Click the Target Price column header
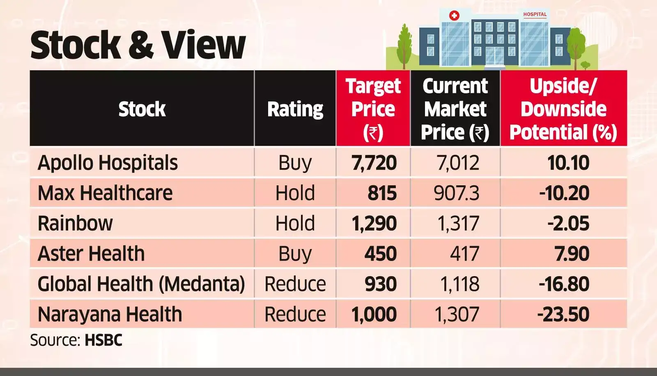(373, 109)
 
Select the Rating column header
(295, 109)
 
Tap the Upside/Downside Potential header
(563, 109)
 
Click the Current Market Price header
(455, 109)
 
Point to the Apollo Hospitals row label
(108, 163)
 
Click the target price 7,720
(374, 163)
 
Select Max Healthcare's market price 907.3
(456, 193)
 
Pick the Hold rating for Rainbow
(295, 224)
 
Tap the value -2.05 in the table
(568, 224)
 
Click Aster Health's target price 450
(380, 254)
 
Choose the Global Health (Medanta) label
(141, 284)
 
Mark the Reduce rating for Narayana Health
(295, 314)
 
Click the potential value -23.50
(563, 314)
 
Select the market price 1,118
(459, 284)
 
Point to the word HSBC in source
(103, 340)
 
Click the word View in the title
(203, 45)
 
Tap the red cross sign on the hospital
(454, 16)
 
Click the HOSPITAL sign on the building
(535, 14)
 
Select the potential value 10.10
(568, 163)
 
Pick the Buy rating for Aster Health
(295, 254)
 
